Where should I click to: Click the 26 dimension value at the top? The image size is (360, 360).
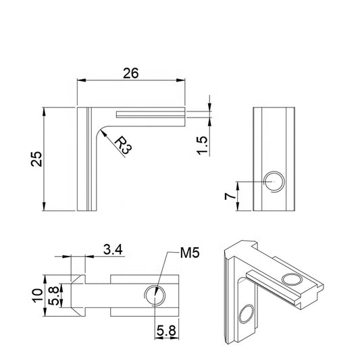click(130, 73)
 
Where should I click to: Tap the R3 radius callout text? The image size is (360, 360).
click(122, 146)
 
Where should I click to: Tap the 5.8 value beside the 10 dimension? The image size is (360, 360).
click(57, 294)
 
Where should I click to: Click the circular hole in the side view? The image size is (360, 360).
click(274, 182)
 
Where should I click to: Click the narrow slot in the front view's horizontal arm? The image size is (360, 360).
click(150, 114)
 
